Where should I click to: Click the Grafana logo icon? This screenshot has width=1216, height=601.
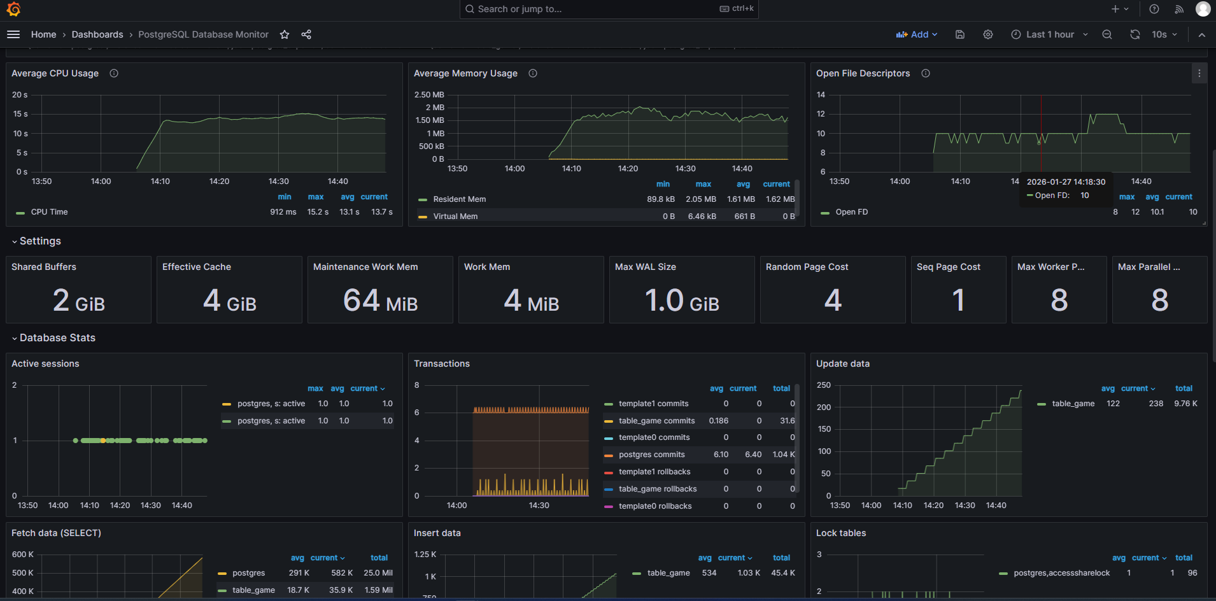(13, 9)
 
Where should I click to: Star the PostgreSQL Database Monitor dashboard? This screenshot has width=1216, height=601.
(285, 34)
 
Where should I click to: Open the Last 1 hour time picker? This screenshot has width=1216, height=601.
(1050, 34)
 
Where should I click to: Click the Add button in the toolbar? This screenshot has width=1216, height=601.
(917, 34)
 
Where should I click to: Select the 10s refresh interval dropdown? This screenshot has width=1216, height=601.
(1164, 34)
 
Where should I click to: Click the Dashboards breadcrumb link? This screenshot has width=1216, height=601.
(97, 34)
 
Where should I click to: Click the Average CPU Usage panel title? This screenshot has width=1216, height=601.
(55, 73)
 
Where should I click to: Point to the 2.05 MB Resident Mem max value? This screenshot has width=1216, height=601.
(700, 199)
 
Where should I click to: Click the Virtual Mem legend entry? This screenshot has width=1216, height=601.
(455, 216)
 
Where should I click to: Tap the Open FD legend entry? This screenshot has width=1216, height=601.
(851, 212)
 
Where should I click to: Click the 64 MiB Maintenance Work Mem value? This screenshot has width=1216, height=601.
(380, 300)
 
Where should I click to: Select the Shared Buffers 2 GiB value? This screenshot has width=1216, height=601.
(78, 300)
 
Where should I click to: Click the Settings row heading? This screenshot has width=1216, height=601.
(40, 241)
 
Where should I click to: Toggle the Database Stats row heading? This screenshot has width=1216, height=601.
(57, 338)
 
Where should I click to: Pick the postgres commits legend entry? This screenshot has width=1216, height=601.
(651, 455)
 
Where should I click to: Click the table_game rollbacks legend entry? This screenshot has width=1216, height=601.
(657, 489)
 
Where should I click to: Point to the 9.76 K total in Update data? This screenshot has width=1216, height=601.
(1185, 404)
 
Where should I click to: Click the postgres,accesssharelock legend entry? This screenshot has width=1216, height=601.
(1061, 573)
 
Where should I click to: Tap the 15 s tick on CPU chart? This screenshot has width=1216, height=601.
(20, 114)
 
